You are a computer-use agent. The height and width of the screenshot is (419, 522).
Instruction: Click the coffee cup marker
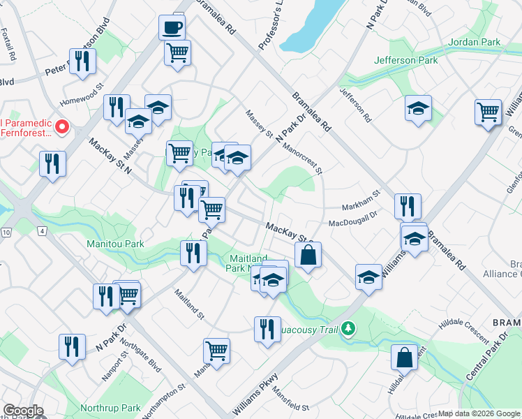tap(172, 28)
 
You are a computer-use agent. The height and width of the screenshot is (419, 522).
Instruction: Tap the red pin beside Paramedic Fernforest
tap(61, 127)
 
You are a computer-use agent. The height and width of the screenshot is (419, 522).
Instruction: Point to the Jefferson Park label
tap(405, 61)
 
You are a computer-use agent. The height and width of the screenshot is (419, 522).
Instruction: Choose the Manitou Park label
tap(115, 244)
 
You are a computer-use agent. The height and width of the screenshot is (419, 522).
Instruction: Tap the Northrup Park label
tap(110, 408)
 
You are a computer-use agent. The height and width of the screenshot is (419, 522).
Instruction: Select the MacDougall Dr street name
tap(352, 220)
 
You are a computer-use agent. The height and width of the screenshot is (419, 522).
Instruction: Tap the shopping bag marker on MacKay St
tap(308, 255)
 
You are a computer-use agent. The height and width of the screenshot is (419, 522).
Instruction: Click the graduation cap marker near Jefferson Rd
tap(418, 108)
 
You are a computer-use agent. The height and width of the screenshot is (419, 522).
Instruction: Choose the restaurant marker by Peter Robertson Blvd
tap(82, 61)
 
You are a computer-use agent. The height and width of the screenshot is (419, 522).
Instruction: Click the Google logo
tap(23, 411)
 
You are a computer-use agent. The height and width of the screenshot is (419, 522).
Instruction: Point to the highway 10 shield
tap(6, 231)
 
